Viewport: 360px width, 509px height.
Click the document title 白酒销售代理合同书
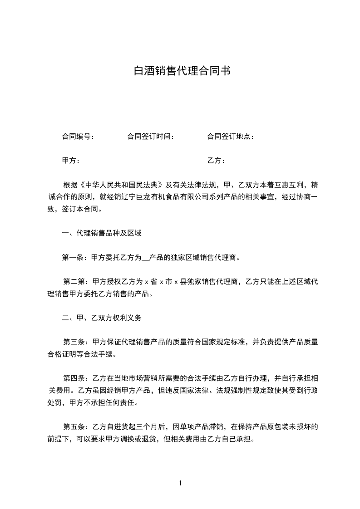click(x=180, y=71)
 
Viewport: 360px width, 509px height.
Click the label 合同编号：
click(x=78, y=137)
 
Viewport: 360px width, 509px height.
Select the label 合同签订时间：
click(x=151, y=137)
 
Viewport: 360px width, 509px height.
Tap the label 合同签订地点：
click(x=230, y=137)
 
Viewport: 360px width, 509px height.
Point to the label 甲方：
click(x=71, y=161)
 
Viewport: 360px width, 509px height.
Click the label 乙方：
click(x=216, y=161)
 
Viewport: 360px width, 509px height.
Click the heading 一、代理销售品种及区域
click(x=102, y=234)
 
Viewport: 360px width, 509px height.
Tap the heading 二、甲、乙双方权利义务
click(x=102, y=318)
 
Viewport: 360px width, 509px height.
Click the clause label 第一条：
click(x=76, y=258)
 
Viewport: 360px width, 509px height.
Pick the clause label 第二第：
click(x=78, y=282)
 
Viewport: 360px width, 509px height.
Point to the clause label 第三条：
click(x=78, y=342)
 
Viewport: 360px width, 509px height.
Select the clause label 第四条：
click(x=78, y=378)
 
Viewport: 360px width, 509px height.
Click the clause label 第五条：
click(x=78, y=427)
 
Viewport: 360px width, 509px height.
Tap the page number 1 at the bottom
click(x=180, y=483)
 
